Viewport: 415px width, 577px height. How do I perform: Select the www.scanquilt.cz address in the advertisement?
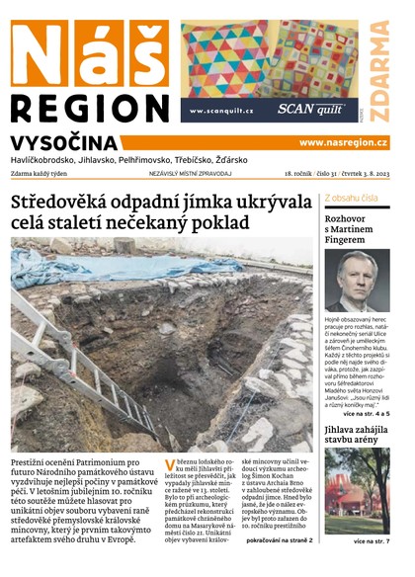coord(221,111)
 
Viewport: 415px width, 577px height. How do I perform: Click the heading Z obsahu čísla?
coord(351,198)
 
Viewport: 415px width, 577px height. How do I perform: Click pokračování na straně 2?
coord(280,540)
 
